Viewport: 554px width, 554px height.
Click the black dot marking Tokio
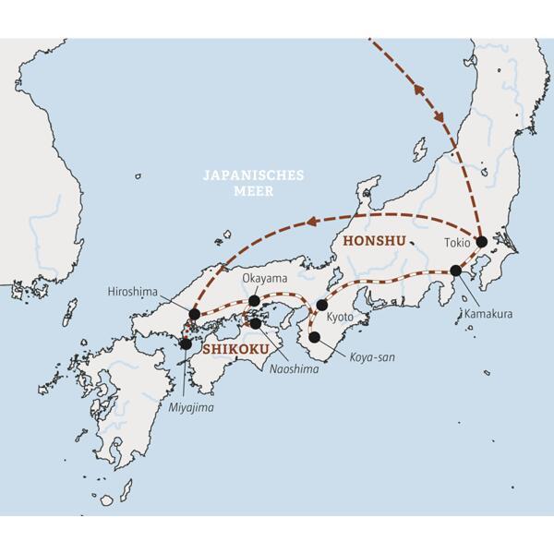pyautogui.click(x=481, y=241)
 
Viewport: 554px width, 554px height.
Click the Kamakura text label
pyautogui.click(x=488, y=313)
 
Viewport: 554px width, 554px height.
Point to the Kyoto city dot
pyautogui.click(x=322, y=305)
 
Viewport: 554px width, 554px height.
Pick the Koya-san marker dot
pyautogui.click(x=315, y=337)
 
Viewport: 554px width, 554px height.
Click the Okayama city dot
pyautogui.click(x=254, y=300)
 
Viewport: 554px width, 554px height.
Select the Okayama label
pyautogui.click(x=266, y=278)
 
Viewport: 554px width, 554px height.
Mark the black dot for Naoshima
pyautogui.click(x=255, y=323)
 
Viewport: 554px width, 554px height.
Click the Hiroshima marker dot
pyautogui.click(x=194, y=315)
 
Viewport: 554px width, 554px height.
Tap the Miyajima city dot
pyautogui.click(x=187, y=343)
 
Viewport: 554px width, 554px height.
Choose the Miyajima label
pyautogui.click(x=196, y=406)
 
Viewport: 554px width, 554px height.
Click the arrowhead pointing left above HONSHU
pyautogui.click(x=314, y=220)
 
